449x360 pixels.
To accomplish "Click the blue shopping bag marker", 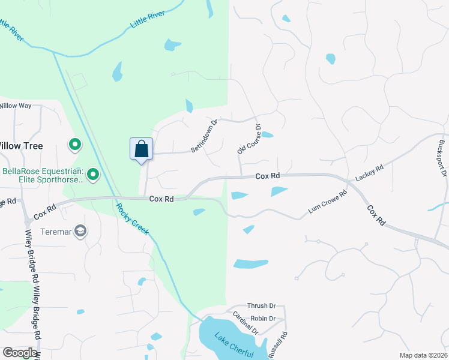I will coord(142,149).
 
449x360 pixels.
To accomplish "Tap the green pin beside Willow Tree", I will coord(75,145).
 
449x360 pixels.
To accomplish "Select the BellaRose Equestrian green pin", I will coord(93,175).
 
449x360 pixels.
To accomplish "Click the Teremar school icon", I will coord(80,231).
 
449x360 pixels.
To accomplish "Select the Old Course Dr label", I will coord(250,139).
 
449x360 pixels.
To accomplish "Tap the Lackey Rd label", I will coord(369,174).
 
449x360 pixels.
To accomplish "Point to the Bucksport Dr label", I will coord(442,158).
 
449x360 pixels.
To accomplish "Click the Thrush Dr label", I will coord(261,306).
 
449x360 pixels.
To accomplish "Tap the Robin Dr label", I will coord(263,319).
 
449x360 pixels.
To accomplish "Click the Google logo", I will coord(20,353).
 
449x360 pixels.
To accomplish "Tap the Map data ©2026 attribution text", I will coord(423,355).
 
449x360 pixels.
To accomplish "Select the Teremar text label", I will coord(56,231).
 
